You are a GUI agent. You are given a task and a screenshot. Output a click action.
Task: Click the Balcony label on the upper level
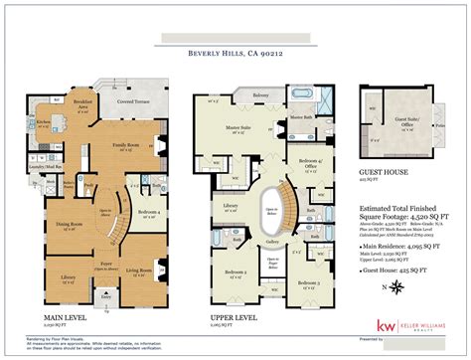pyautogui.click(x=260, y=95)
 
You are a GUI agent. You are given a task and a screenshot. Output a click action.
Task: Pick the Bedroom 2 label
pyautogui.click(x=235, y=270)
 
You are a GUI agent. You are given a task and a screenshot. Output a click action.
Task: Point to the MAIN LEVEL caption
pyautogui.click(x=60, y=319)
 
